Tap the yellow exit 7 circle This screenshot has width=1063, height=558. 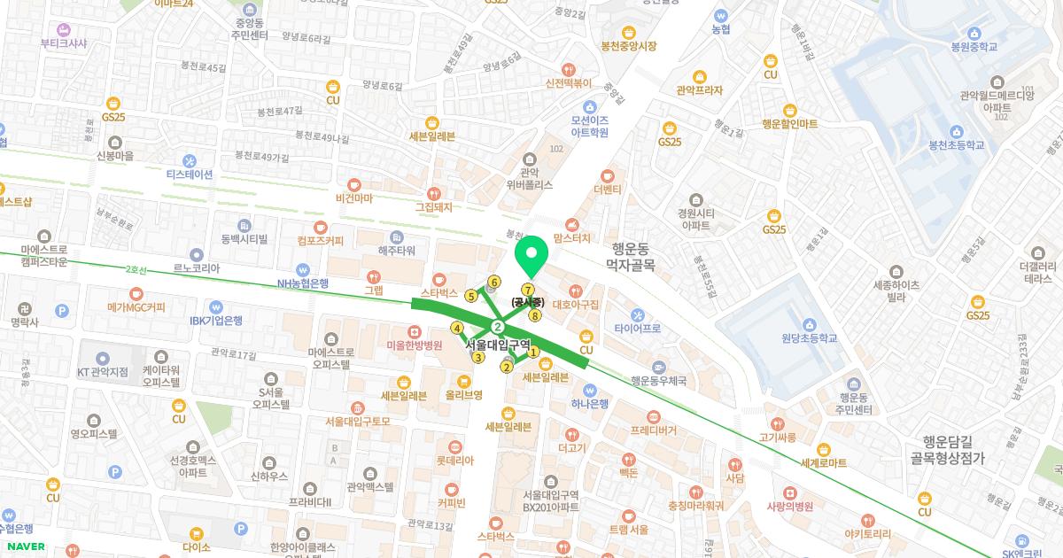point(528,290)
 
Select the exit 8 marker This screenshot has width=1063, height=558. point(535,315)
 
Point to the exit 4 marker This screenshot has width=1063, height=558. point(457,328)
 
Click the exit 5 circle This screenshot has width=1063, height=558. point(470,296)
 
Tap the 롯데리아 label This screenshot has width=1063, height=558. point(455,461)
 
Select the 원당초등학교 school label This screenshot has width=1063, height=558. point(809,338)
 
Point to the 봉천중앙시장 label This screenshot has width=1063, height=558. point(630,46)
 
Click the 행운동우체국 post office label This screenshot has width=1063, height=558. point(658,381)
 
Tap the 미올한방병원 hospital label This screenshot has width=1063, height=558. point(415,345)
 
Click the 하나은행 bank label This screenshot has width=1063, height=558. point(590,403)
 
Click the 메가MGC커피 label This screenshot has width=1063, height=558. point(136,307)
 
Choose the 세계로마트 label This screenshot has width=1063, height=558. point(824,462)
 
